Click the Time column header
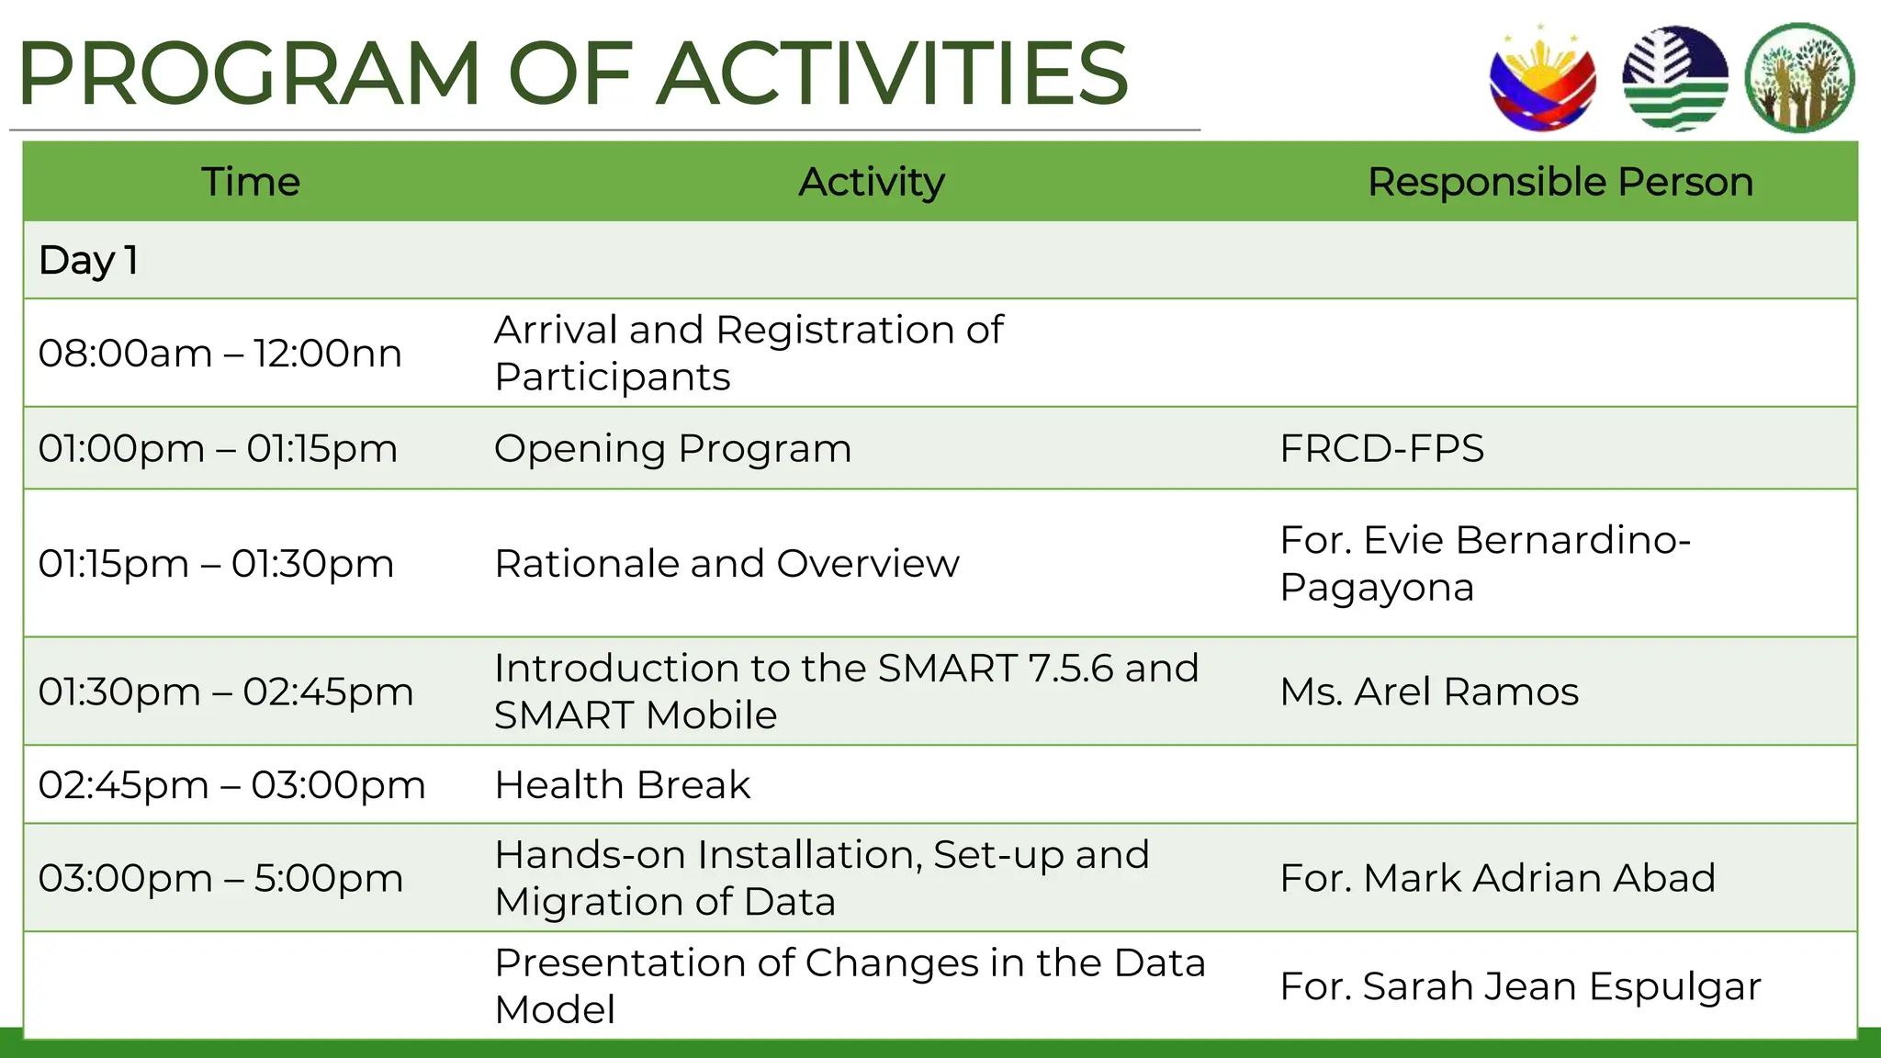(250, 182)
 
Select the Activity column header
(871, 182)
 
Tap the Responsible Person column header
(1560, 182)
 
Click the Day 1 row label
(88, 260)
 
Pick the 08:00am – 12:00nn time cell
(220, 354)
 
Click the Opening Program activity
(672, 449)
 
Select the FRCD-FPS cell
(1381, 449)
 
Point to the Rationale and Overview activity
(726, 564)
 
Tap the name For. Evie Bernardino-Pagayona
(1484, 563)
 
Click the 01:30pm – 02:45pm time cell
(226, 692)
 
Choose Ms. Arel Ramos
(1429, 692)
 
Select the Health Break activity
(623, 785)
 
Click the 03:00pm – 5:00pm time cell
(220, 878)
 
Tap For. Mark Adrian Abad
(1497, 878)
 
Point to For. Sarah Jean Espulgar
(1520, 986)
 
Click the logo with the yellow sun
(1542, 81)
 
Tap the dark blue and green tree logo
(1674, 79)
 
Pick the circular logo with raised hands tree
(1798, 79)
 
